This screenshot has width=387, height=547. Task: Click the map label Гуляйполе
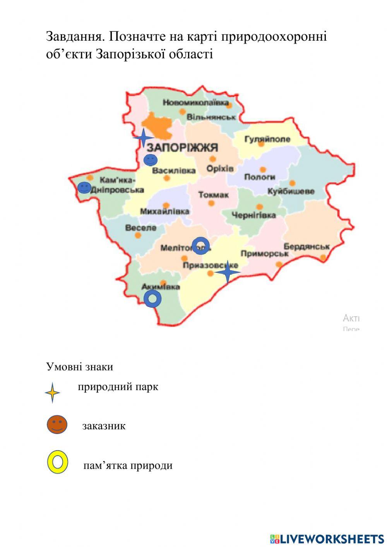point(267,139)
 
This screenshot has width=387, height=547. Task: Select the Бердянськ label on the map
point(307,247)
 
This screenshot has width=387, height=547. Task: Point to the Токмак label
point(213,195)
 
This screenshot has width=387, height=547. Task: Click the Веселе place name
point(141,228)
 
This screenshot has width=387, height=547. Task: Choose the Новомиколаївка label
point(195,103)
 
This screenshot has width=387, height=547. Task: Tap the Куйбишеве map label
point(291,191)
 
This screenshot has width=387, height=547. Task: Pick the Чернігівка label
point(253,215)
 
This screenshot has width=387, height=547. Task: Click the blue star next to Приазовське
point(228,272)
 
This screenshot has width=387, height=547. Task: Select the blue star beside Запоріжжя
point(144,138)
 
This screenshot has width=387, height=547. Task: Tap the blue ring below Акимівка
point(152,299)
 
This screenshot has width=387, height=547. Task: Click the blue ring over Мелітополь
point(201,245)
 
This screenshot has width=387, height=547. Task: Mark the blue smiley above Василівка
point(151,159)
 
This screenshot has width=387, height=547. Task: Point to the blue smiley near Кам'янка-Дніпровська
point(84,188)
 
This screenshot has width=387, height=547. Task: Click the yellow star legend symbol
point(52,393)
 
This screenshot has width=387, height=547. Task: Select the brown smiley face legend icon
point(57,425)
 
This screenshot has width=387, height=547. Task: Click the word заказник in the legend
point(104,426)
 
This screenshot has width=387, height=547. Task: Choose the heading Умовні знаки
point(79,367)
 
